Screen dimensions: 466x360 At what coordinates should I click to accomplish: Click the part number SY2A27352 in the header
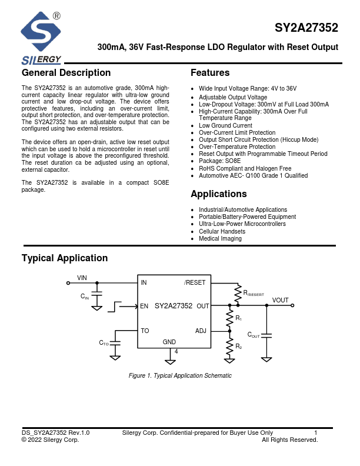[306, 28]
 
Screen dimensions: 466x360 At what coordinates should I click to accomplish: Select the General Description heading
[66, 73]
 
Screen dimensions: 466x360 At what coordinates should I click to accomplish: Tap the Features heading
[210, 73]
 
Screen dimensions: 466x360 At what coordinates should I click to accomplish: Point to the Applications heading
[219, 194]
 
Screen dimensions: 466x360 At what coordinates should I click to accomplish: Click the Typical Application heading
[65, 258]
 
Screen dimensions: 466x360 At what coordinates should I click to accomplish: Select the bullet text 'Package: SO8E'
[220, 161]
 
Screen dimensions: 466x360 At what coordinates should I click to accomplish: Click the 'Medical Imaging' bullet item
[220, 238]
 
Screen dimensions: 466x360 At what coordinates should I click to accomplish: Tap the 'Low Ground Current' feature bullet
[225, 125]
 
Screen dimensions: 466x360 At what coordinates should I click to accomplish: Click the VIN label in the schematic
[82, 277]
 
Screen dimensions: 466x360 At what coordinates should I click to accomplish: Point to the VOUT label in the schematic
[280, 300]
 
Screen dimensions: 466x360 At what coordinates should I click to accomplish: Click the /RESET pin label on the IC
[195, 282]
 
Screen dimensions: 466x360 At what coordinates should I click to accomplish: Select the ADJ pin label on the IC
[201, 331]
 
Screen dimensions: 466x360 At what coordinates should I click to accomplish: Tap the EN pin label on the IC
[144, 306]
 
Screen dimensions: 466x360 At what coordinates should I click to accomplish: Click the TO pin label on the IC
[145, 331]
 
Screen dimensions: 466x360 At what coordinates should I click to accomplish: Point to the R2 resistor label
[238, 347]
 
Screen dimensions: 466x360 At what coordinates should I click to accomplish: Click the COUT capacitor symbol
[266, 335]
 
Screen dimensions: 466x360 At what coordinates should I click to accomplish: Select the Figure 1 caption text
[180, 375]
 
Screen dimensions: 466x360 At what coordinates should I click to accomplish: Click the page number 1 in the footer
[316, 433]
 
